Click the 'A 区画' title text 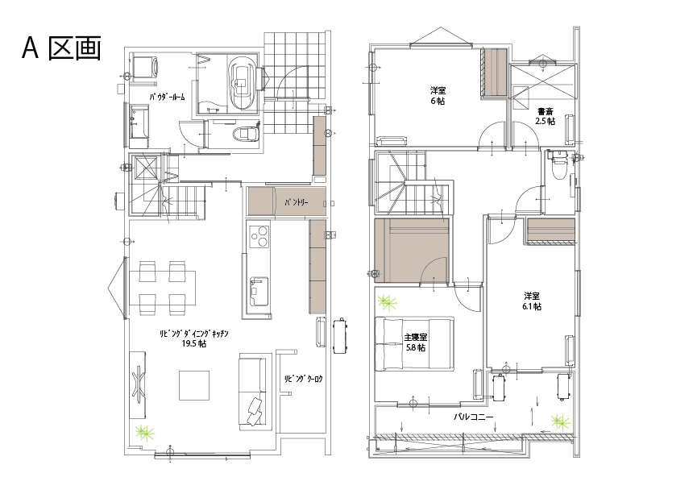click(x=61, y=48)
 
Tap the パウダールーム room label click(x=167, y=97)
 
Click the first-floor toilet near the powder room click(x=245, y=133)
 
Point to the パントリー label click(x=296, y=202)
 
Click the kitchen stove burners click(x=259, y=236)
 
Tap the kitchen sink click(x=259, y=290)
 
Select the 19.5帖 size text click(x=194, y=344)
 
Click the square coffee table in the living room click(x=194, y=385)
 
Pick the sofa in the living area click(x=254, y=391)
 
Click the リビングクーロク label click(x=303, y=379)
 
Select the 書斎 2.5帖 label click(x=545, y=116)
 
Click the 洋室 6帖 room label click(x=438, y=96)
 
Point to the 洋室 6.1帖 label click(x=532, y=301)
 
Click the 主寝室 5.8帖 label click(x=416, y=342)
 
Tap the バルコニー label click(x=473, y=417)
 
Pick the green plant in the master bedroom click(x=388, y=303)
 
